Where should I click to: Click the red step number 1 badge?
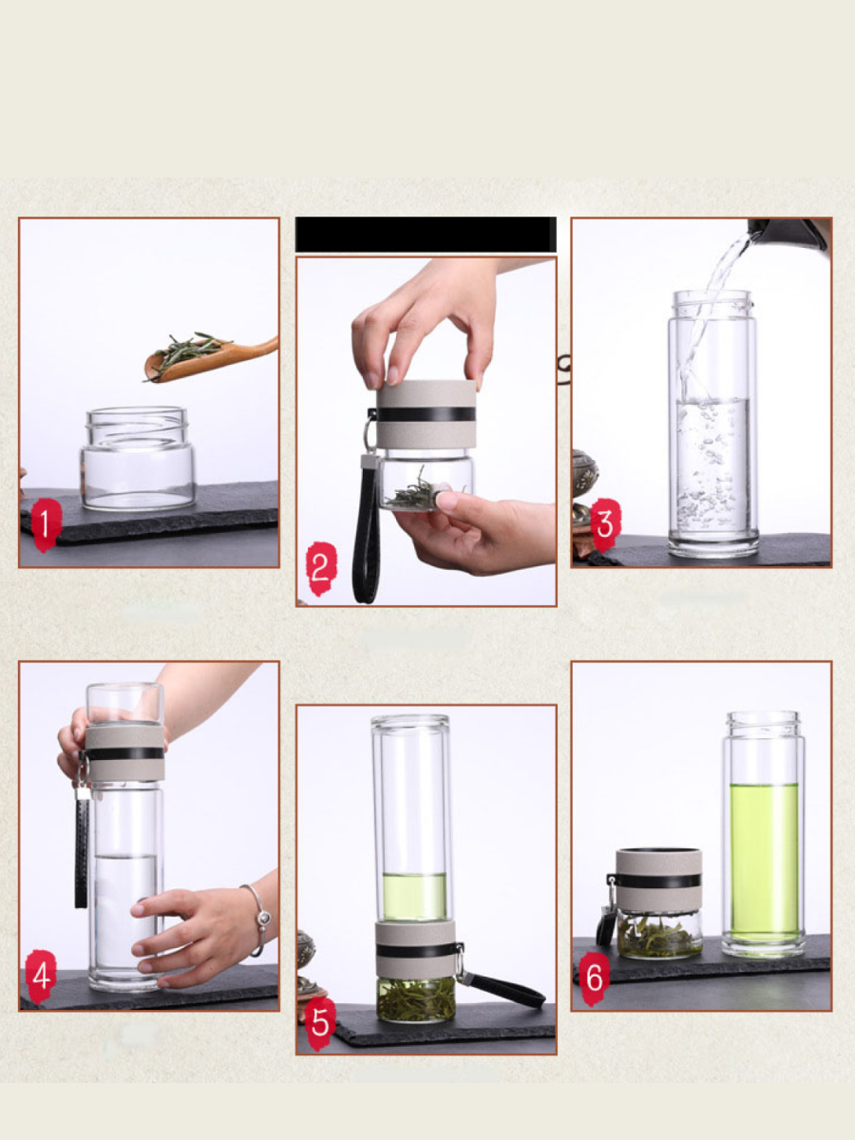click(46, 524)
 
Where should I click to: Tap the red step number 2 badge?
click(321, 568)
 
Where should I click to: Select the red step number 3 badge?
click(605, 524)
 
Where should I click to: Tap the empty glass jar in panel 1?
click(138, 458)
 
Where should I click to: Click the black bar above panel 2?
click(426, 235)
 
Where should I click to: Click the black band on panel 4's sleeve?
click(124, 753)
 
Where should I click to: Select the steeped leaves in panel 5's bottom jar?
click(414, 998)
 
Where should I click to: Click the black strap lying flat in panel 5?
click(503, 987)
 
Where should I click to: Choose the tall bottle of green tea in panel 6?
click(763, 833)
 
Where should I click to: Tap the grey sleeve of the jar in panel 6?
click(658, 881)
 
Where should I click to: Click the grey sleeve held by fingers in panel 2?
click(427, 414)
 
